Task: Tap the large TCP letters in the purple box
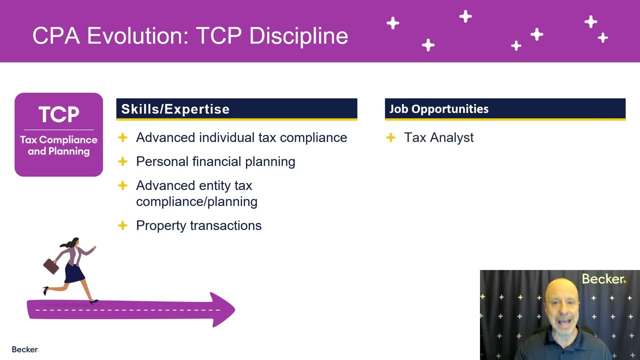point(59,115)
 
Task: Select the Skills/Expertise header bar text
point(175,109)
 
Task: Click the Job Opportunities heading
point(439,109)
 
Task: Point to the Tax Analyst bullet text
point(438,137)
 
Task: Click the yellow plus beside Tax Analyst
point(391,137)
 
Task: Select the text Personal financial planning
point(215,161)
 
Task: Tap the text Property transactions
point(198,225)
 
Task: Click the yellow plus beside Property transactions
point(122,225)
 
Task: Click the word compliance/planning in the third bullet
point(196,201)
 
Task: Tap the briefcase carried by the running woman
point(51,266)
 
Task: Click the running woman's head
point(75,242)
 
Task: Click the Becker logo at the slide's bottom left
point(24,349)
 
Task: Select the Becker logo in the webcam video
point(603,279)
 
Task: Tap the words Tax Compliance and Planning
point(58,145)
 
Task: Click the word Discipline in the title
point(298,36)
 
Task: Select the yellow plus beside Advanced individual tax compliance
point(122,137)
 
